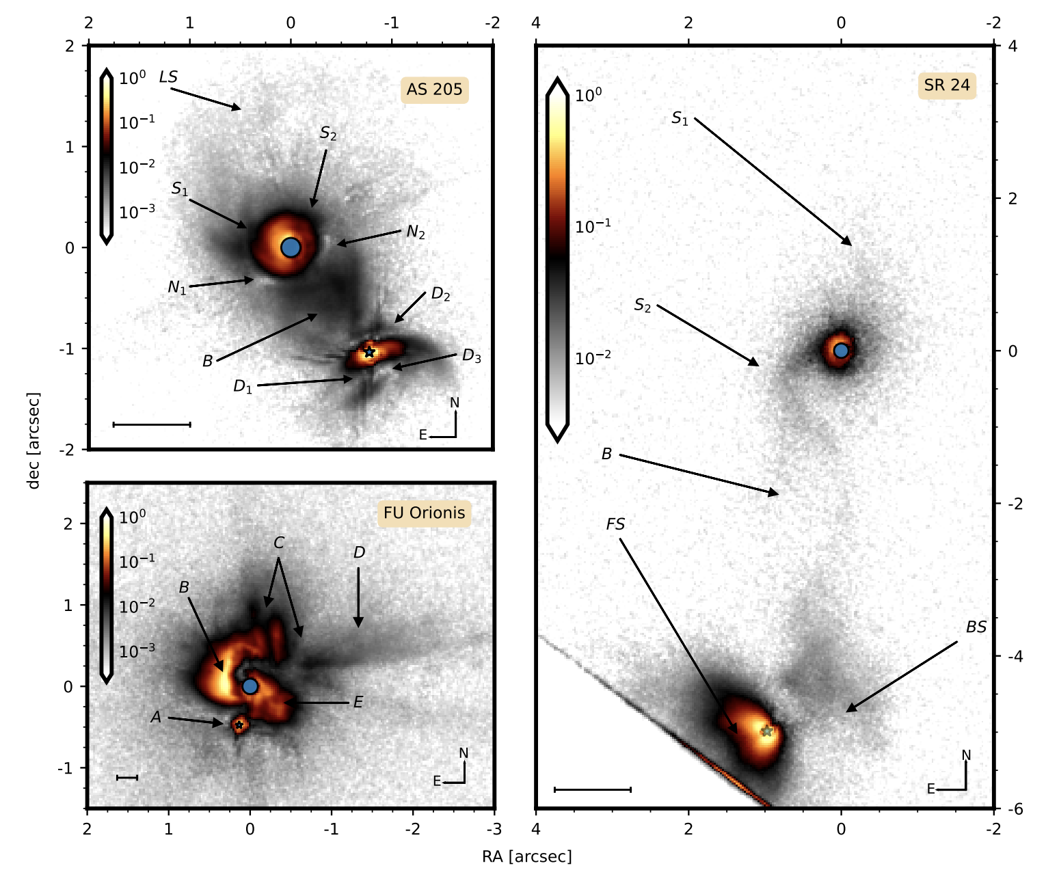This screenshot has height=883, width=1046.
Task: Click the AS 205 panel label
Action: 434,90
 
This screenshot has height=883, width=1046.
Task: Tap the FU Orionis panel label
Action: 424,513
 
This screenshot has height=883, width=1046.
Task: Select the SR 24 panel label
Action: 946,85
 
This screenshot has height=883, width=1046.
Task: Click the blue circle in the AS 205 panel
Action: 291,247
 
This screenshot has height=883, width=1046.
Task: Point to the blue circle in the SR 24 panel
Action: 842,350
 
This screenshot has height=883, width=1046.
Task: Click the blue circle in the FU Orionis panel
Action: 250,686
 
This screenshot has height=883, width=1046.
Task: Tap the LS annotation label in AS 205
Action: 168,77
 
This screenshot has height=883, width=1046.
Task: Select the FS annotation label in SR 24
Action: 615,524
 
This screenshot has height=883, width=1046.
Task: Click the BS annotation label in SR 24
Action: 976,627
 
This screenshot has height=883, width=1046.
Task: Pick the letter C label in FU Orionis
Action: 279,543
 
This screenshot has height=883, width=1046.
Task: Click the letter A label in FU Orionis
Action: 157,718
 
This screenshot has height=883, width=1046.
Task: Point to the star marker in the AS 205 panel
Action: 369,352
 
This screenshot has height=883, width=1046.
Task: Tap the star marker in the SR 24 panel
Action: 767,731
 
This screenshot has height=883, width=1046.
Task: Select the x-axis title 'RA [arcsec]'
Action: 527,857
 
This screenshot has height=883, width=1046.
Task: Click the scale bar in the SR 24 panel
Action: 593,789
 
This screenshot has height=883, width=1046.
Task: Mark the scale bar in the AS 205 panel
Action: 152,424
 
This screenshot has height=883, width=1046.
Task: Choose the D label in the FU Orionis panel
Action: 360,552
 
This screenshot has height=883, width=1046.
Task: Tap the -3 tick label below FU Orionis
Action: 494,829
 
